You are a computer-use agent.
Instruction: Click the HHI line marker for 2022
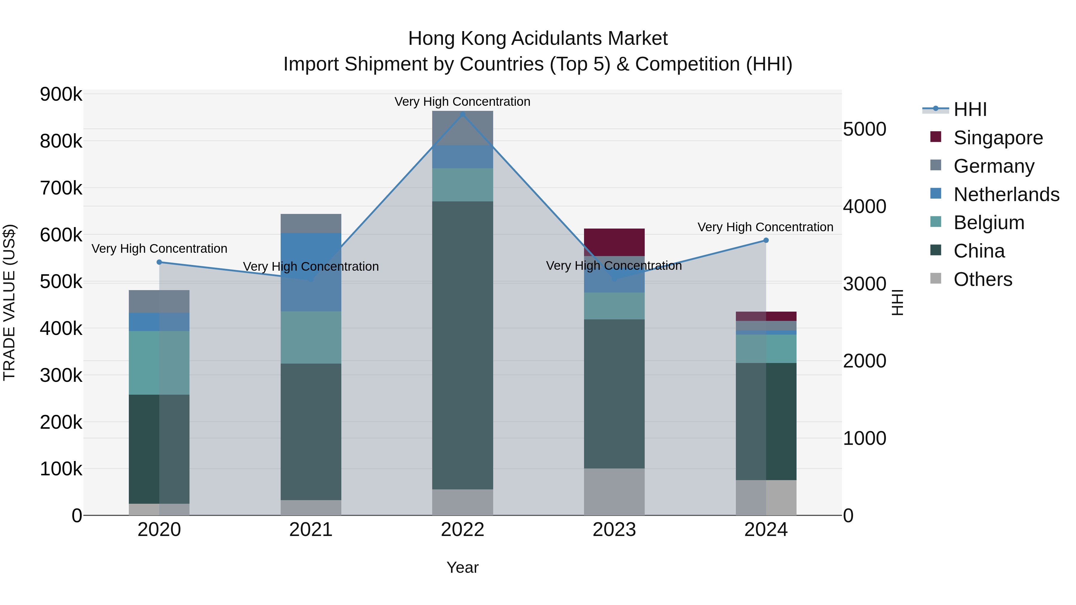tap(462, 114)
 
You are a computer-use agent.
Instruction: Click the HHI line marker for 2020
tap(159, 262)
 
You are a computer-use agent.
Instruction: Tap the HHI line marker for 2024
tap(766, 241)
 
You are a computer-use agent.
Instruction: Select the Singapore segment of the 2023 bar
tap(614, 242)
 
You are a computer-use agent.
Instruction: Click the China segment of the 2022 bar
tap(462, 345)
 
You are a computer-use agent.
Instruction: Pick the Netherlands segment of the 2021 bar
tap(311, 272)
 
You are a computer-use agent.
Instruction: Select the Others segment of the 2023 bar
tap(614, 491)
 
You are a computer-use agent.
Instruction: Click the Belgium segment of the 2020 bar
tap(159, 363)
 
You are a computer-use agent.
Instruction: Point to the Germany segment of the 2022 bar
tap(462, 128)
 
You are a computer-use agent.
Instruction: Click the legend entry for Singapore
tap(998, 138)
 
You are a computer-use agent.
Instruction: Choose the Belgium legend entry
tap(989, 223)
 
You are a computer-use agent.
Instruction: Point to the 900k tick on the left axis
tap(61, 94)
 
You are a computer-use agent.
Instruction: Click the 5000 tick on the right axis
tap(864, 129)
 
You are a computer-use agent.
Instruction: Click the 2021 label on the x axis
tap(311, 530)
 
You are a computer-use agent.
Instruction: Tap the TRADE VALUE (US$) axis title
tap(10, 302)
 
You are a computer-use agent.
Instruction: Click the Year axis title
tap(462, 567)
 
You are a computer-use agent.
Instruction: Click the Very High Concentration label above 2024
tap(765, 227)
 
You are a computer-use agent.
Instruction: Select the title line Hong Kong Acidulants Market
tap(538, 39)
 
